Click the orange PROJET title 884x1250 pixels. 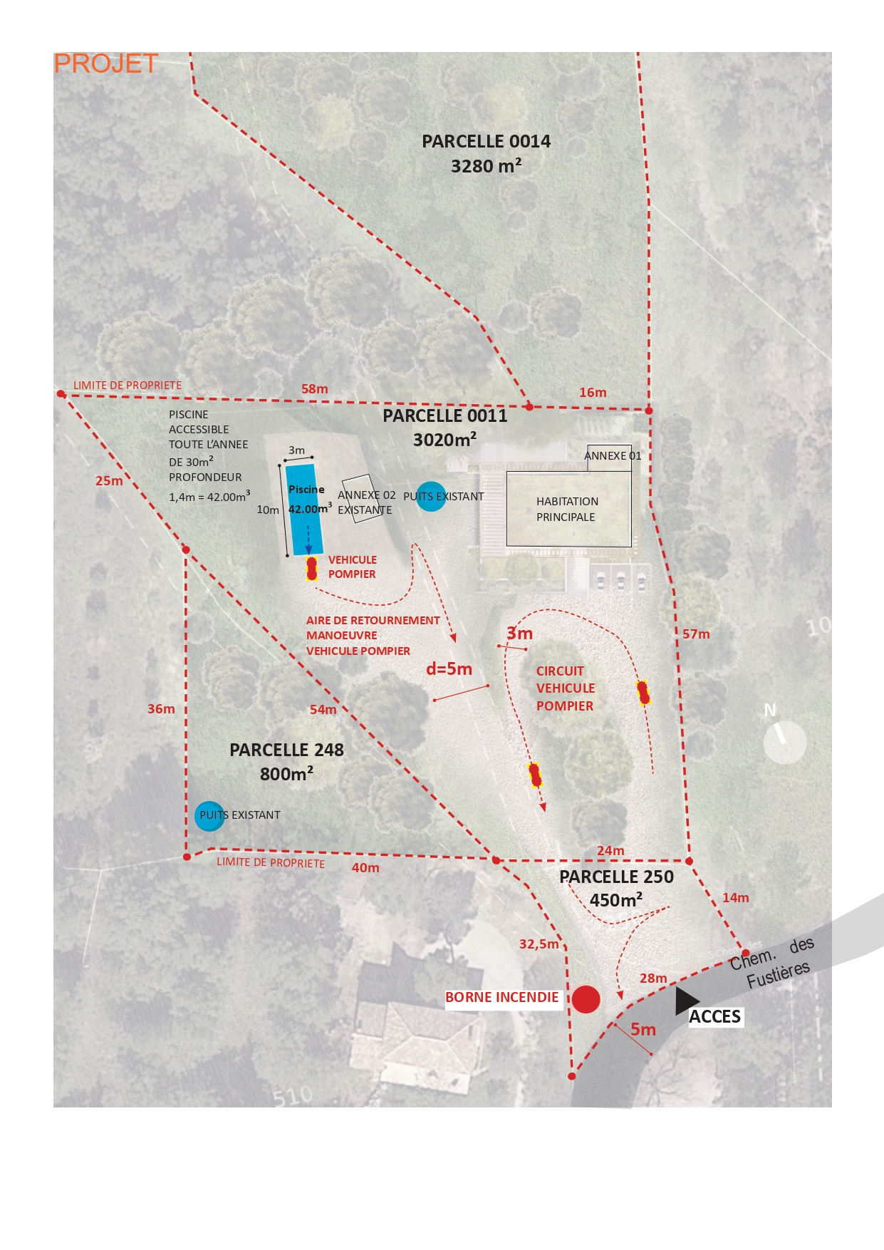pos(105,64)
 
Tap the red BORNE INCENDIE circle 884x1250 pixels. pos(586,999)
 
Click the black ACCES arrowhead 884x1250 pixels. pos(686,1001)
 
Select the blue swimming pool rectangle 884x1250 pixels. pos(304,509)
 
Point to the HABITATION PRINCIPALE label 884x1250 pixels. pos(567,510)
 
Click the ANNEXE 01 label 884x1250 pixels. pos(613,456)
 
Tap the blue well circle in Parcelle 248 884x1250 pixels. pos(209,816)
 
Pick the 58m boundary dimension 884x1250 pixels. pos(314,389)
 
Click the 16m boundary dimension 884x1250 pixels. pos(593,393)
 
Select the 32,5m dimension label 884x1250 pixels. pos(539,944)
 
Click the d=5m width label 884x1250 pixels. pos(449,669)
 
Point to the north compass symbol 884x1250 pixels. pos(784,741)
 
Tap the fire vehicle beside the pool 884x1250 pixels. pos(311,569)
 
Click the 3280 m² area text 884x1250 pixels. pos(486,166)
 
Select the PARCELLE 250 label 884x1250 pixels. pos(616,877)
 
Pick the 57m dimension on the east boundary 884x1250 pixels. pos(696,634)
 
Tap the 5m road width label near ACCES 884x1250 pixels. pos(643,1030)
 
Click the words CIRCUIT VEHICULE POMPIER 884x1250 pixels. pos(565,688)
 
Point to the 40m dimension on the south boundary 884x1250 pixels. pos(365,868)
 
